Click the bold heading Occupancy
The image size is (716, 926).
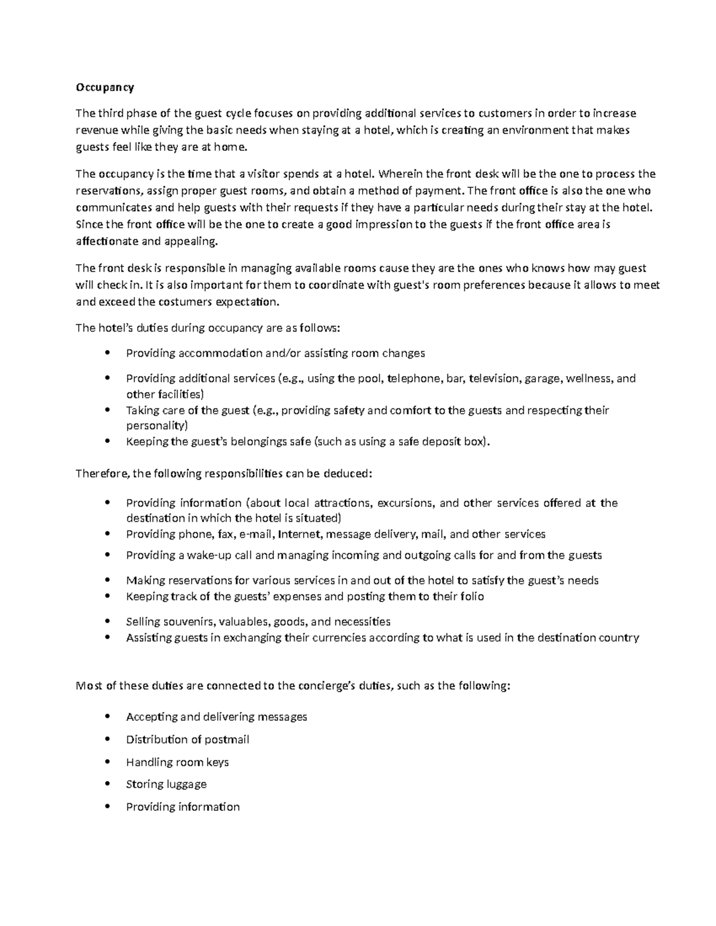click(x=104, y=88)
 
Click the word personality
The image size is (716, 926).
click(x=156, y=426)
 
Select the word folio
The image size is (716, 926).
click(x=471, y=596)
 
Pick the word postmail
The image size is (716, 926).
click(x=227, y=739)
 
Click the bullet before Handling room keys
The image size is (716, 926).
click(x=107, y=762)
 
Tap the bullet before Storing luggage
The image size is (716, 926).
click(x=107, y=784)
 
